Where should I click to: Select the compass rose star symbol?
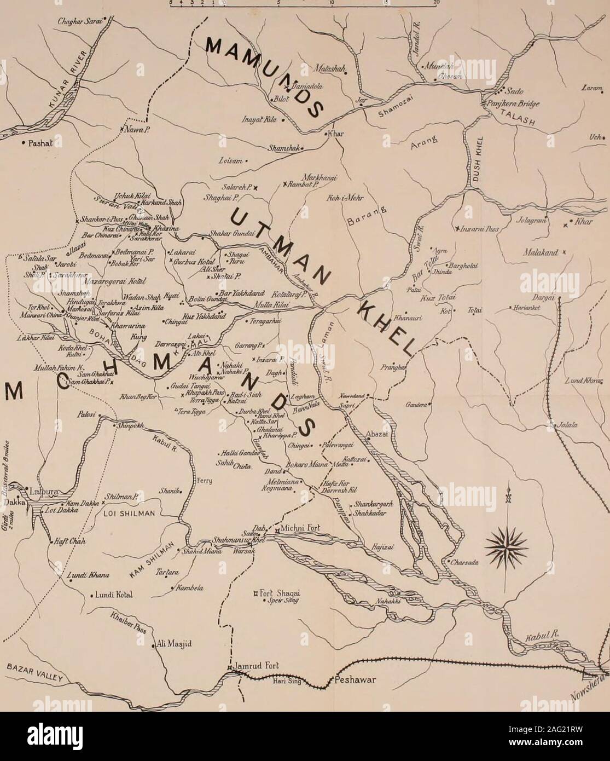[506, 543]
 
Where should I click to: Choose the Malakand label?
[542, 253]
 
